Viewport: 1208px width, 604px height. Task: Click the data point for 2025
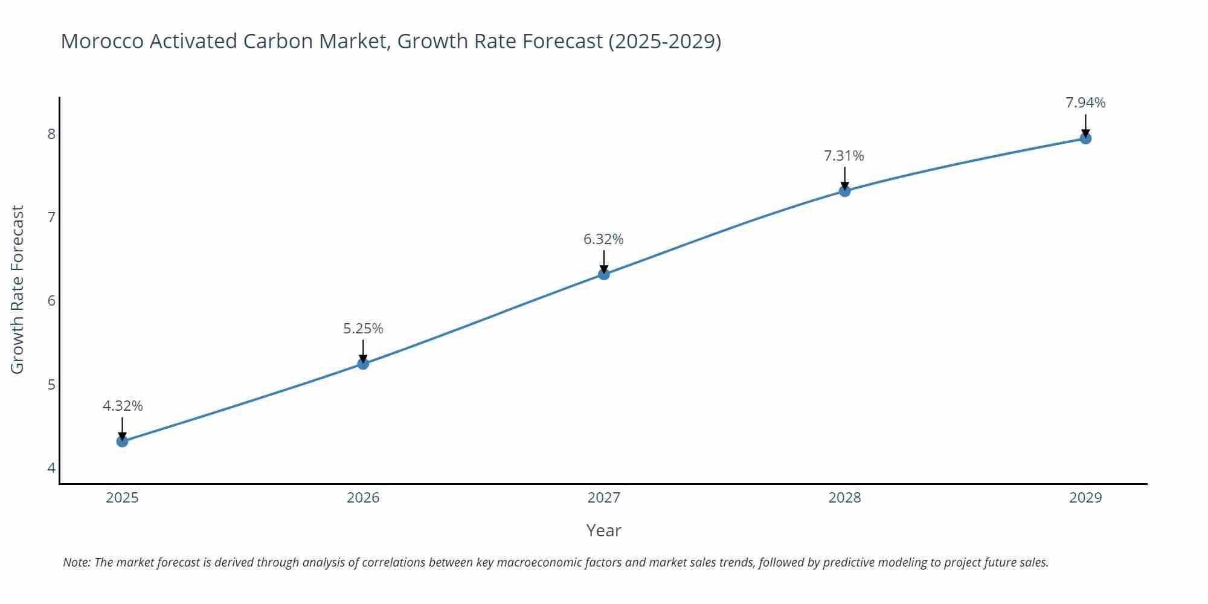point(122,442)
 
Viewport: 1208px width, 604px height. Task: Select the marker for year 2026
point(363,364)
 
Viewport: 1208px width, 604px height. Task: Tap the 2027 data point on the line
point(604,274)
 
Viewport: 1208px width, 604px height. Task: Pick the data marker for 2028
point(844,191)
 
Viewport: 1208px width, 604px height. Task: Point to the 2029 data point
point(1085,138)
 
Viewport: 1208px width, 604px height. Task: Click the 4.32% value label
point(123,406)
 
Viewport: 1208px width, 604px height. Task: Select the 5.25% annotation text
point(363,329)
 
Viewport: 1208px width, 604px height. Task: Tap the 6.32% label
point(603,239)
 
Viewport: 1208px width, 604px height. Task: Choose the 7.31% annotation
point(844,156)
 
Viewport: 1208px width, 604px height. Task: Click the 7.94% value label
point(1085,103)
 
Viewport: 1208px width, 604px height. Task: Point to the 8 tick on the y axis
point(51,133)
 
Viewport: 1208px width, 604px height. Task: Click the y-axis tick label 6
point(51,301)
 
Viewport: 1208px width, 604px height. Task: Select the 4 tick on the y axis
point(51,468)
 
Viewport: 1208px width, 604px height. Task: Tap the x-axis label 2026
point(363,498)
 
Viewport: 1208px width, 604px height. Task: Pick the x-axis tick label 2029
point(1085,498)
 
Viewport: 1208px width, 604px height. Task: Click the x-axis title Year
point(603,530)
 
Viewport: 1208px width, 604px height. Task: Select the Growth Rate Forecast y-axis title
point(18,289)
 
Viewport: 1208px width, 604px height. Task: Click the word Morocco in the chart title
point(101,41)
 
